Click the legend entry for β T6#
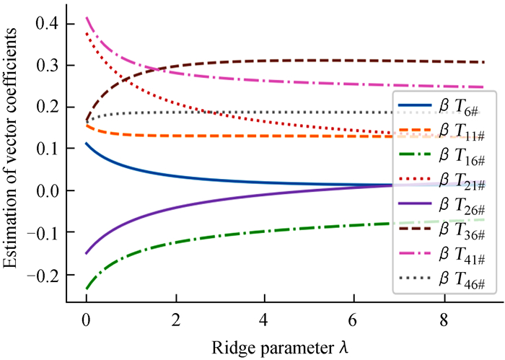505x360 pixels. coord(442,105)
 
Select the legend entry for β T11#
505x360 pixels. coord(442,130)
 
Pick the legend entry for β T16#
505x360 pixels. coord(442,155)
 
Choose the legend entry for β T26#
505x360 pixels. coord(442,204)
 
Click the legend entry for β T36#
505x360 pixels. coord(442,229)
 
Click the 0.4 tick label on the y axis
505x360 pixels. coord(48,24)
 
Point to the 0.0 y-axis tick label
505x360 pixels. coord(48,190)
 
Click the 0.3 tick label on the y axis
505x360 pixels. coord(48,66)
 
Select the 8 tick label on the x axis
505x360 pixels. coord(444,320)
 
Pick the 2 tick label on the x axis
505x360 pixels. coord(176,320)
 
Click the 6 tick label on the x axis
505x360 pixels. coord(353,320)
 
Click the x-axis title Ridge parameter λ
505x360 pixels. coord(280,348)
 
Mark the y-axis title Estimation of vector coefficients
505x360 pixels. coord(9,148)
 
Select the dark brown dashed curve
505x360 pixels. coord(284,61)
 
